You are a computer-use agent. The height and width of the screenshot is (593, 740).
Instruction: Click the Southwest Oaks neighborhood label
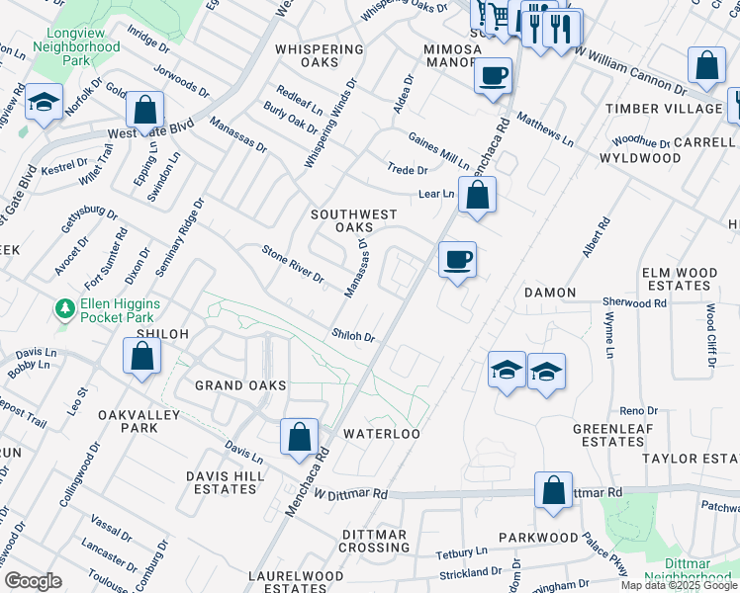353,221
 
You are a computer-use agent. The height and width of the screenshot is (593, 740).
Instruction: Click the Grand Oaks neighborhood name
240,384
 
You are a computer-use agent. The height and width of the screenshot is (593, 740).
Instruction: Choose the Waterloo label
382,434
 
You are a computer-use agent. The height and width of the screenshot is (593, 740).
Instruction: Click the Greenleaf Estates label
613,435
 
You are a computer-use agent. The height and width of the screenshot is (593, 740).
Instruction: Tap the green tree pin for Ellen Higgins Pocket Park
65,310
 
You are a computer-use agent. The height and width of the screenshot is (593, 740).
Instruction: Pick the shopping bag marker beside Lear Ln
477,197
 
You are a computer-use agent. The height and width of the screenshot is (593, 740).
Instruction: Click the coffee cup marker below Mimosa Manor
493,76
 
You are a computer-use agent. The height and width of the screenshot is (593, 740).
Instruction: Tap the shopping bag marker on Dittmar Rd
553,490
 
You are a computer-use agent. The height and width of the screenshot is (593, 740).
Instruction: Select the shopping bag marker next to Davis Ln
299,438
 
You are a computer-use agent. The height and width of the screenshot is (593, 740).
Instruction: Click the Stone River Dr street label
293,264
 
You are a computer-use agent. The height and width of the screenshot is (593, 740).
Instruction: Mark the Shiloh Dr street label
353,336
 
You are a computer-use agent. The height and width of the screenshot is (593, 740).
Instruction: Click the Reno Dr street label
638,410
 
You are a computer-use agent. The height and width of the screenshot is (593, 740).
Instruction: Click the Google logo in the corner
33,581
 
